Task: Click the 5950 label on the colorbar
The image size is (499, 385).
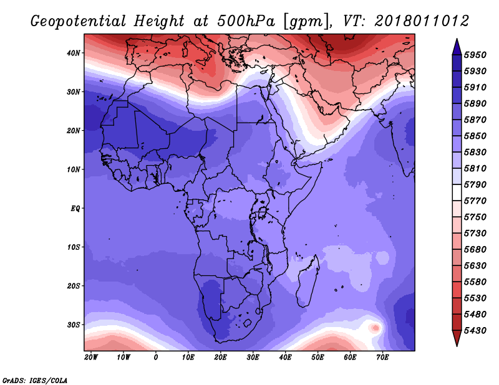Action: pos(475,55)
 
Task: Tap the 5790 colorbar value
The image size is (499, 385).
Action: pos(475,184)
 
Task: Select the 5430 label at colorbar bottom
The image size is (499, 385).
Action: pos(475,331)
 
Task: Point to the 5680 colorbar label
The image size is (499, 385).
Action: pos(475,250)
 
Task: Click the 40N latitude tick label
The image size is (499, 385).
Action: pos(74,53)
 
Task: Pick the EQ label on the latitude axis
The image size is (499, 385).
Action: pos(75,209)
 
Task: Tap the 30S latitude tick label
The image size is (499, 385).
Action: pos(74,325)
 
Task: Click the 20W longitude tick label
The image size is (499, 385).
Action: pos(91,358)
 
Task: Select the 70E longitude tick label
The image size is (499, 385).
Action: pos(382,358)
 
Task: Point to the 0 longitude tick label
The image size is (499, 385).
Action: pos(155,358)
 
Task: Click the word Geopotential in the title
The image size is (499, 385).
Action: pos(79,21)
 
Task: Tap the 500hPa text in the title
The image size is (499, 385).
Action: pos(246,21)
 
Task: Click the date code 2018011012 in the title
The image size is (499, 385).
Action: pos(422,21)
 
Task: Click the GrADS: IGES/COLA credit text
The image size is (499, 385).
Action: pos(35,381)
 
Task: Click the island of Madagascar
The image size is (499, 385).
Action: pos(308,281)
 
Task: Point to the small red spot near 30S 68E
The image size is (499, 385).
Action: pos(375,328)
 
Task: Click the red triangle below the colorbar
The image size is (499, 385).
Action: pos(457,338)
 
